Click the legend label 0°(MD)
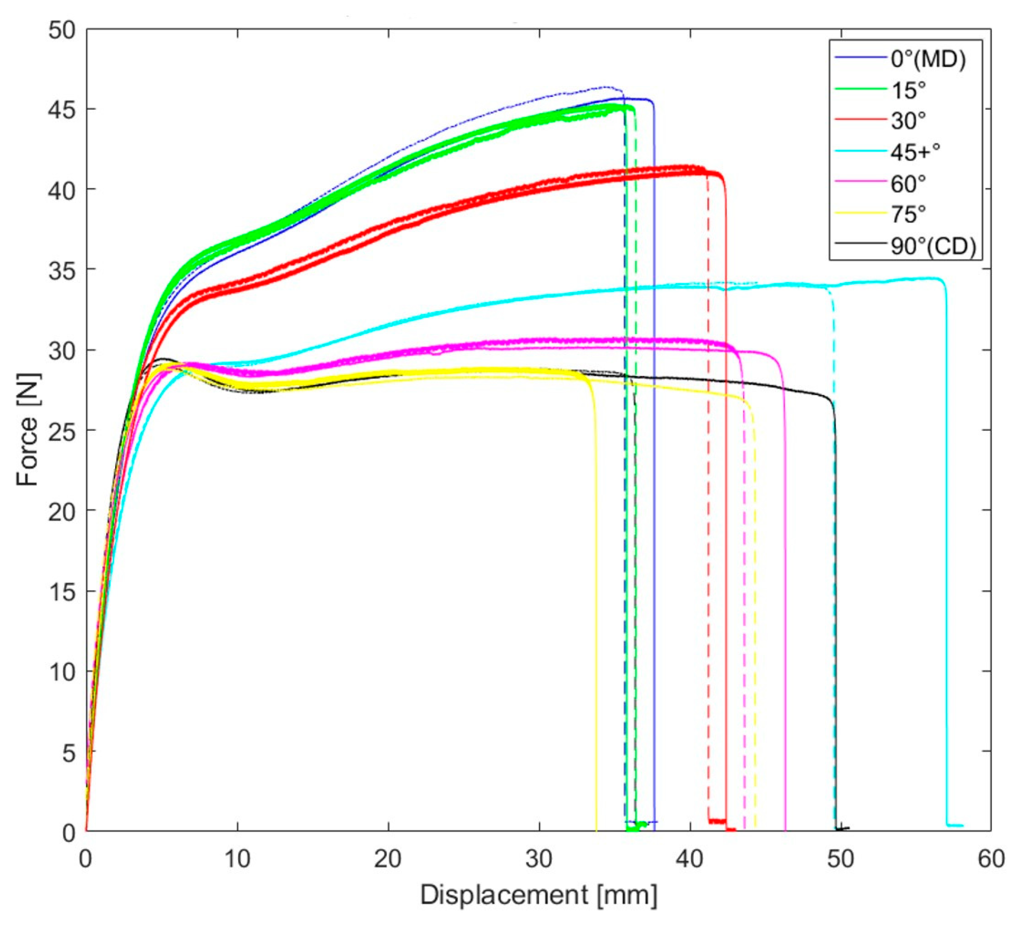[928, 60]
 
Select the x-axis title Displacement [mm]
[539, 895]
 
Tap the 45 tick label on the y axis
[61, 109]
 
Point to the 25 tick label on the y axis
[61, 430]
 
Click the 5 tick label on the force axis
[68, 753]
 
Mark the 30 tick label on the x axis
[539, 859]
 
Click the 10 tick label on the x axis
[237, 859]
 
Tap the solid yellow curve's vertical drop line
[596, 604]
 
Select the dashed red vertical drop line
[708, 504]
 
